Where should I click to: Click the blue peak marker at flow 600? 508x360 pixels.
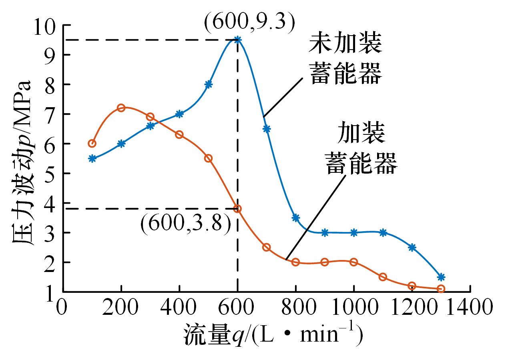[237, 40]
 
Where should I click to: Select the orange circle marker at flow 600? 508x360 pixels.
[237, 208]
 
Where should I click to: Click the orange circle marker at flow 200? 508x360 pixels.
[121, 108]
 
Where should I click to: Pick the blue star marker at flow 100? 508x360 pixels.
[92, 158]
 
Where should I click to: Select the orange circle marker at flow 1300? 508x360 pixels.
[441, 288]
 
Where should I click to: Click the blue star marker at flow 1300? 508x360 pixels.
[441, 277]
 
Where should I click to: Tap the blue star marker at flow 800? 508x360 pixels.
[295, 218]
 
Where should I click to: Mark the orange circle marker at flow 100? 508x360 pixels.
[92, 143]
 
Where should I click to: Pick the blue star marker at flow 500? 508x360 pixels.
[208, 84]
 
